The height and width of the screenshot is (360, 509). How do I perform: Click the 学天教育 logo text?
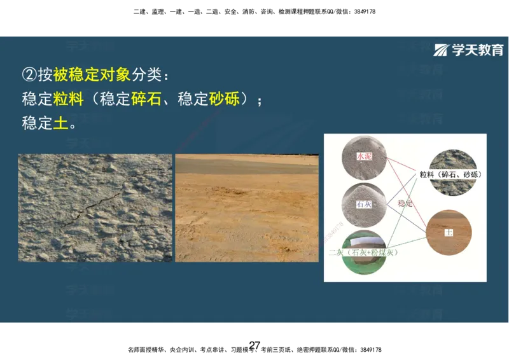point(477,50)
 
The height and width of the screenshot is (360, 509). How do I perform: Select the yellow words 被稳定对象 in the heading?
point(92,75)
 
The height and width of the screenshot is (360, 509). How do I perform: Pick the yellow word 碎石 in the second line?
point(146,99)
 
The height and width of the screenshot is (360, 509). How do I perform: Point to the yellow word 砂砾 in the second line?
point(225,99)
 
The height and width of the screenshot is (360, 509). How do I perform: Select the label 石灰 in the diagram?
point(364,205)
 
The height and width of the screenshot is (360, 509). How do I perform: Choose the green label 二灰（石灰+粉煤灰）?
point(363,253)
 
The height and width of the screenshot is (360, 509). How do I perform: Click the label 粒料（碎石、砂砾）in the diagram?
point(450,174)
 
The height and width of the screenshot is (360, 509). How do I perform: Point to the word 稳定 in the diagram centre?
point(405,204)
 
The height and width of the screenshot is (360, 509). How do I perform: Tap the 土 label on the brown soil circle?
point(449,233)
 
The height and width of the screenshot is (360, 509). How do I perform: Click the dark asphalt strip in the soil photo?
point(247,167)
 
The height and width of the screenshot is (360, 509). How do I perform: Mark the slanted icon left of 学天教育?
point(441,50)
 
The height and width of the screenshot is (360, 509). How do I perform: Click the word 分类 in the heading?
point(147,75)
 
